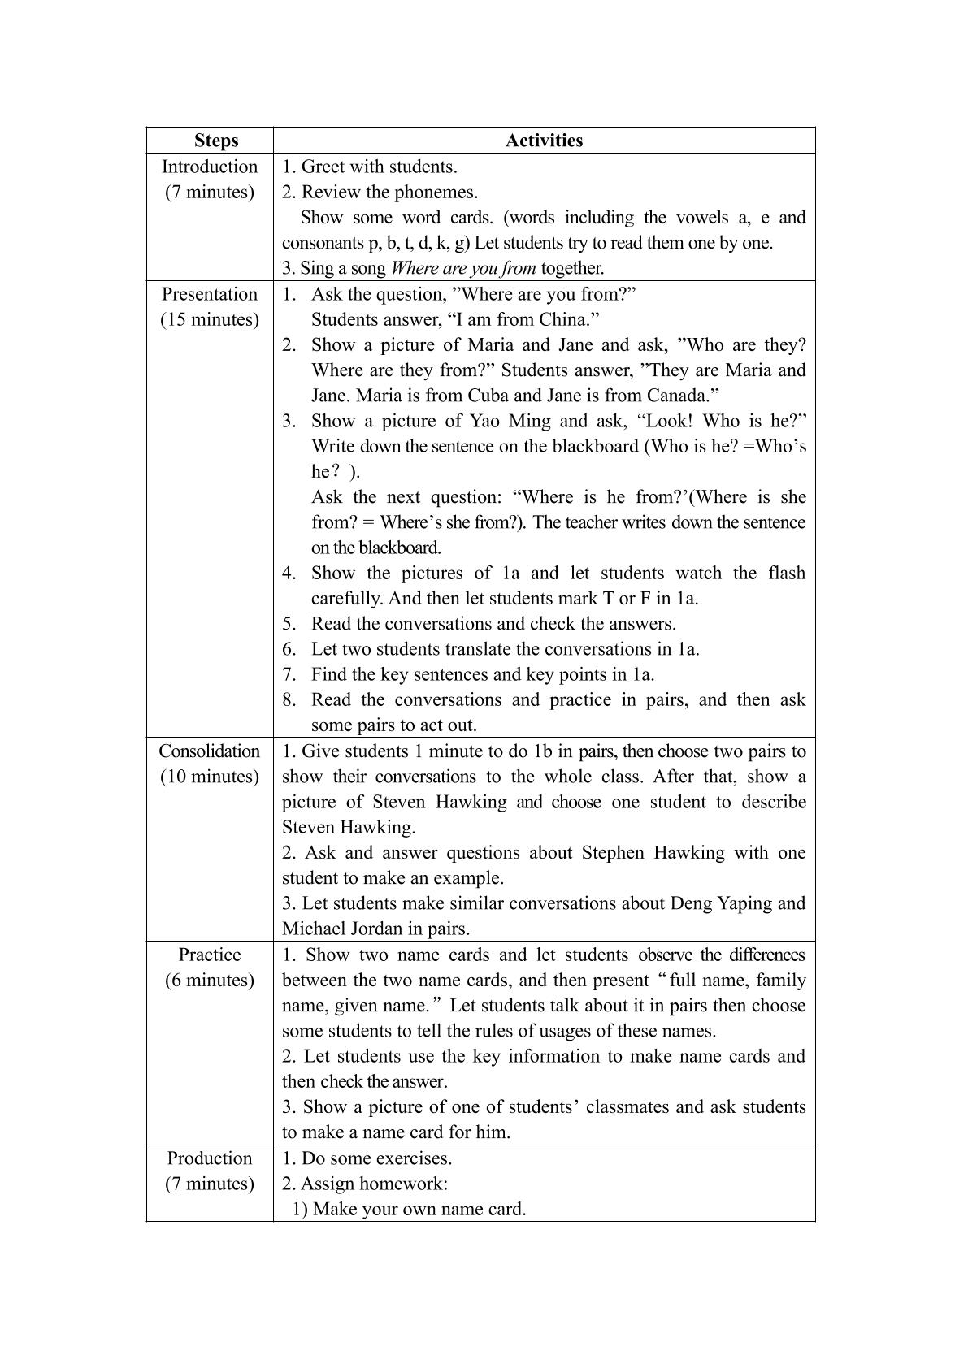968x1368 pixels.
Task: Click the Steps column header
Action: click(216, 141)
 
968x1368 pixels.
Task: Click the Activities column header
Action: click(544, 141)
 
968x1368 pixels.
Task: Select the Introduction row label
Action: click(210, 167)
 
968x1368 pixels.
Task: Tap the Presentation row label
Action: click(210, 294)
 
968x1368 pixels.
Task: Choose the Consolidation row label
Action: click(210, 751)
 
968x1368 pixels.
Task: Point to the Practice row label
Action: click(210, 955)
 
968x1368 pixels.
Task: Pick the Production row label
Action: click(210, 1158)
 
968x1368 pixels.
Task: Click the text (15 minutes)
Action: click(210, 319)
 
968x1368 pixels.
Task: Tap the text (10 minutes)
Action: click(210, 777)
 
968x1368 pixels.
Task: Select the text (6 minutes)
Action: click(210, 981)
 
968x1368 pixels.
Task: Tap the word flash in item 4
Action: click(786, 574)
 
